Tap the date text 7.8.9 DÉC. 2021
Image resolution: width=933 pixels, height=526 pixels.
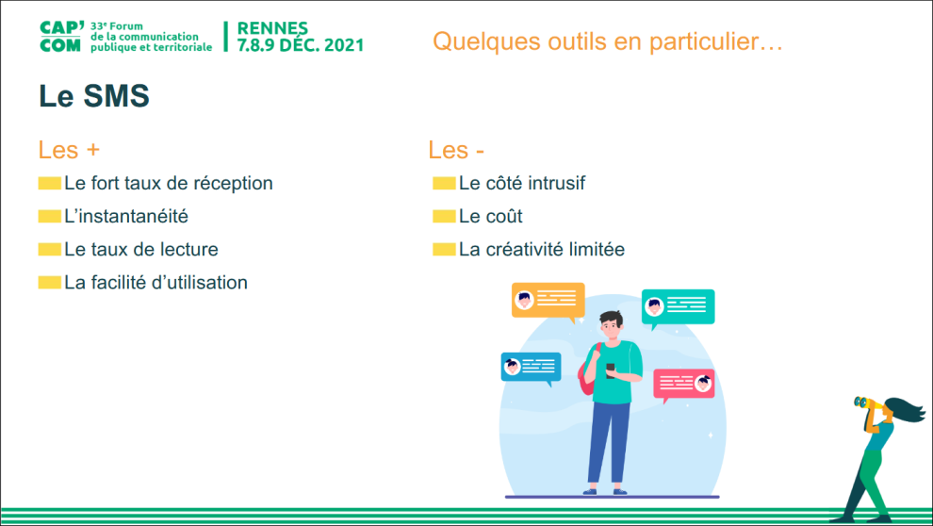click(x=301, y=45)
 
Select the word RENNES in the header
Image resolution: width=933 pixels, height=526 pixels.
click(x=272, y=28)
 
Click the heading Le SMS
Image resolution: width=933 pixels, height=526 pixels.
click(x=94, y=96)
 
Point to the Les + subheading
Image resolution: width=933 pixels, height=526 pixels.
click(x=69, y=150)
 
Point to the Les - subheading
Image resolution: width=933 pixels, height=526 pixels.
click(x=456, y=150)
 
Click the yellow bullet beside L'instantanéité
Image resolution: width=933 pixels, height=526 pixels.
click(x=49, y=216)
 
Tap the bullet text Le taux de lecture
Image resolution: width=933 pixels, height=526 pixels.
click(x=141, y=249)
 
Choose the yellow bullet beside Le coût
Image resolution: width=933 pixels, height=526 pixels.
click(x=444, y=216)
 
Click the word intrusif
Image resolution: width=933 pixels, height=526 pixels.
click(x=556, y=183)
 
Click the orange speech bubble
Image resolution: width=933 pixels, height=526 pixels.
click(x=548, y=301)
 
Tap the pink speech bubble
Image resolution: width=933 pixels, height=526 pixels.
click(x=683, y=385)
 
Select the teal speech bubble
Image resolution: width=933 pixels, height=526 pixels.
click(x=678, y=307)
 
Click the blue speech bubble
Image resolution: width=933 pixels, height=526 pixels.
click(x=531, y=367)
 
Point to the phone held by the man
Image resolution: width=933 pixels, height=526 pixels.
click(x=611, y=370)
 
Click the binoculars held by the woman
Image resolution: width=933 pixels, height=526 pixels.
click(x=867, y=403)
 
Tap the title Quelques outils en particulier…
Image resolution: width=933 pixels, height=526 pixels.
click(x=608, y=41)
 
